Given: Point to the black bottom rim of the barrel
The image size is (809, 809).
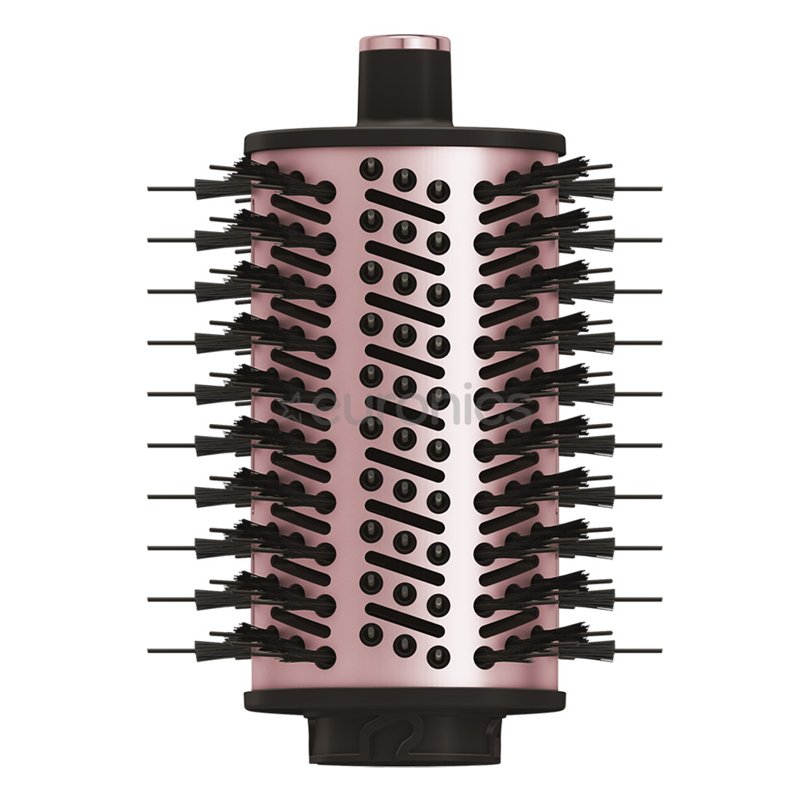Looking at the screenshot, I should tap(404, 700).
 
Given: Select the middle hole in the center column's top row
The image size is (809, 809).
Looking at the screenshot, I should tap(404, 178).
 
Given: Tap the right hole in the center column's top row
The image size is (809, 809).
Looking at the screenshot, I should tap(438, 190).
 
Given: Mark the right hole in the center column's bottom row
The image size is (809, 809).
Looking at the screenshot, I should tap(438, 653).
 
